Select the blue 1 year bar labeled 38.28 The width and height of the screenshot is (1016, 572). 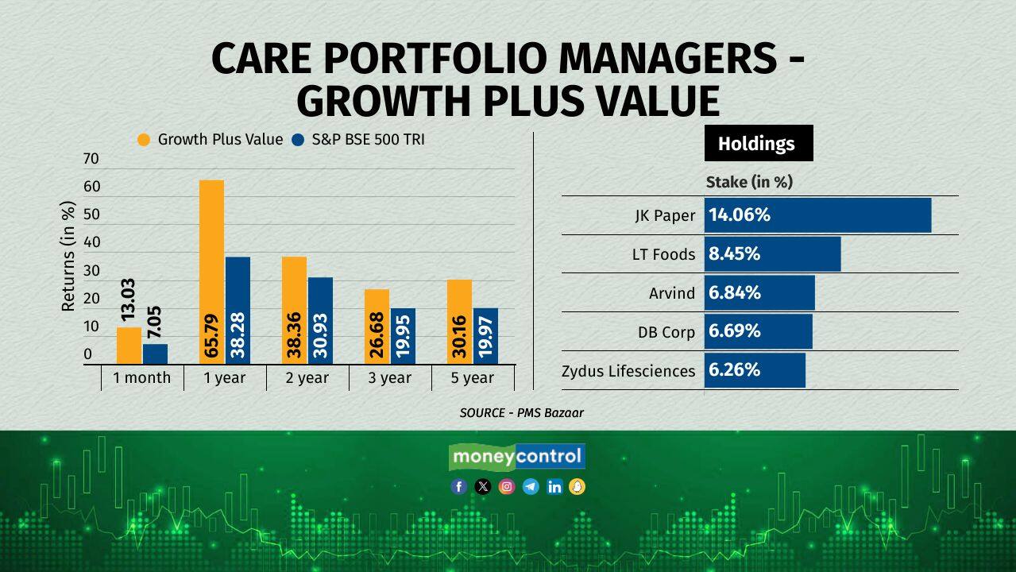coord(238,311)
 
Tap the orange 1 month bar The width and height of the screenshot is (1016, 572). coord(129,346)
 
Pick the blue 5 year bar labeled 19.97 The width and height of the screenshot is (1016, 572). coord(485,336)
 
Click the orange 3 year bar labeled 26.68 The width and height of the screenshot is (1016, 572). coord(377,327)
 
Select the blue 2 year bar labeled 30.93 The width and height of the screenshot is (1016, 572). coord(320,321)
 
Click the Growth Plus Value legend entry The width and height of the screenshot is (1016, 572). coord(210,140)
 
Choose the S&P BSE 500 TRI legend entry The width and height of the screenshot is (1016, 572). coord(358,140)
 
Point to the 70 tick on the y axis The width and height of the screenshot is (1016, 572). coord(91,159)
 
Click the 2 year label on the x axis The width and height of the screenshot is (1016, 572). coord(307,378)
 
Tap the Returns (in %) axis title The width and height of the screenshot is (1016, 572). coord(69,256)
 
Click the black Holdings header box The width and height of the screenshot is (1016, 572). coord(758,144)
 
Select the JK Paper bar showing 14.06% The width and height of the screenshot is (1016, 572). coord(817,215)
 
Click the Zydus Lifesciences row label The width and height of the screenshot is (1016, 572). coord(628,371)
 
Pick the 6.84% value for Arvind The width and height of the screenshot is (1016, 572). coord(735,293)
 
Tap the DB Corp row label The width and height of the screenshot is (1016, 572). coord(666,332)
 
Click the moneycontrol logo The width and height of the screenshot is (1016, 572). coord(517,457)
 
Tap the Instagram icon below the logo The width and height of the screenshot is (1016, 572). coord(507,487)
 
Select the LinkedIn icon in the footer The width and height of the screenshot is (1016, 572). coord(554,487)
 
